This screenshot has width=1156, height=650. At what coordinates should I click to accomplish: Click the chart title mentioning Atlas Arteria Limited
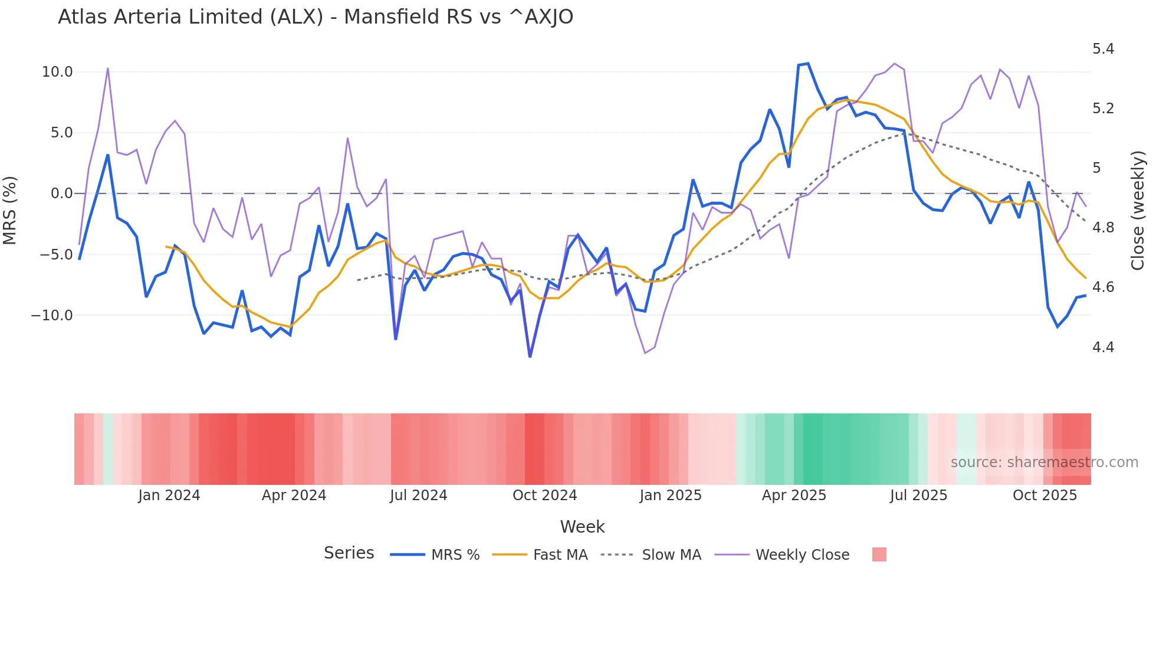315,17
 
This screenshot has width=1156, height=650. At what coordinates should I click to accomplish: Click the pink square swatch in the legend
879,554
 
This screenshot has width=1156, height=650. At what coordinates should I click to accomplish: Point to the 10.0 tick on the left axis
57,72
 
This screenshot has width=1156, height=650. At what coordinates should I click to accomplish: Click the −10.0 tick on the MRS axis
52,316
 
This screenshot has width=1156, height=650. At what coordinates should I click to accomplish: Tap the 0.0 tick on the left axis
61,193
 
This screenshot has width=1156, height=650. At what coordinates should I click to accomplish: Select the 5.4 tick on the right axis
1103,49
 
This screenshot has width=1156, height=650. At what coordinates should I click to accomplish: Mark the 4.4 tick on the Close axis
1103,347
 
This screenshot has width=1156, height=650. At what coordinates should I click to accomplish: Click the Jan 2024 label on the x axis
169,495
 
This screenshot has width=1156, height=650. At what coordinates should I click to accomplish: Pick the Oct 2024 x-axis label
544,495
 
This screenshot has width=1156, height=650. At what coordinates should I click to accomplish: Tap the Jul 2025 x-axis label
918,495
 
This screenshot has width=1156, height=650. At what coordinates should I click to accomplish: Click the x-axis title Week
582,527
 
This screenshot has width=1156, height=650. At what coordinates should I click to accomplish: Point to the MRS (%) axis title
10,210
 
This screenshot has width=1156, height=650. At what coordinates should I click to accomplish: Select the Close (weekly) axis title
1138,210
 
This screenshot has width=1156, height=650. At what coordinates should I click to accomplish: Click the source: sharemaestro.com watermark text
1044,462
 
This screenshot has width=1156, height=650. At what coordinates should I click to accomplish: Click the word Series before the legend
349,553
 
